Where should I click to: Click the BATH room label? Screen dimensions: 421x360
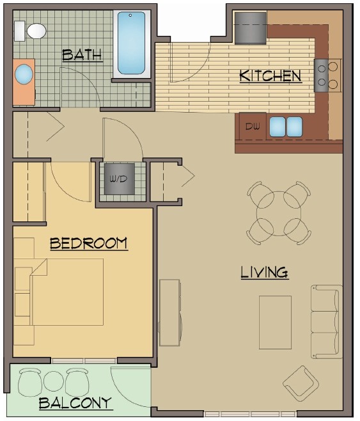(x=82, y=55)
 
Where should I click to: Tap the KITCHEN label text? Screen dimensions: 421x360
(x=270, y=76)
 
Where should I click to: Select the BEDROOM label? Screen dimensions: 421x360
(x=88, y=244)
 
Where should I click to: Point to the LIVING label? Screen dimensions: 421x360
(x=264, y=273)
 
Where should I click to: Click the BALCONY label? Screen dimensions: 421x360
(x=75, y=403)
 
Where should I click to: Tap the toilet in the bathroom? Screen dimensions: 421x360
(x=32, y=30)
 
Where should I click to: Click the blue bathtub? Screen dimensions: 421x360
(x=131, y=43)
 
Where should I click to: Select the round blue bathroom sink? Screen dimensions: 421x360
(x=24, y=75)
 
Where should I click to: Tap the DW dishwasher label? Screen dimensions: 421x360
(x=252, y=126)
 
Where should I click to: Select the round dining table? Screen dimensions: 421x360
(x=279, y=212)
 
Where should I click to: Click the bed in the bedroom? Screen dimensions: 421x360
(x=64, y=291)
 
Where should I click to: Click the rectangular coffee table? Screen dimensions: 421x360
(x=275, y=322)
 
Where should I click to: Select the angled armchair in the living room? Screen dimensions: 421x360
(x=300, y=383)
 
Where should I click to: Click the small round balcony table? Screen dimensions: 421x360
(x=52, y=382)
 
